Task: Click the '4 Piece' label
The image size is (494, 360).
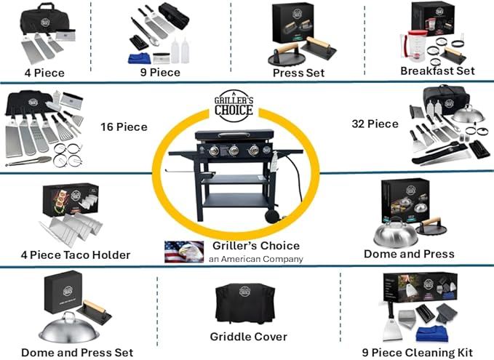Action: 44,72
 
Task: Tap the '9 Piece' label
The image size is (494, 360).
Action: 159,72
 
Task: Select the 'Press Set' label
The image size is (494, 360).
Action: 298,73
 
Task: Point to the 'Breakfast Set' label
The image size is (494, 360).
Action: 437,71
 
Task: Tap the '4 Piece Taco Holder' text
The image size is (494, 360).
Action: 75,255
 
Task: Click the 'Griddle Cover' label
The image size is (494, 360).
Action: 248,336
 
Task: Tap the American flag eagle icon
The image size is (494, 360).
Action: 179,251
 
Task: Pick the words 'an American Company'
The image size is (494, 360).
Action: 255,259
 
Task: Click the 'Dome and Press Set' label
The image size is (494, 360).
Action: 76,353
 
